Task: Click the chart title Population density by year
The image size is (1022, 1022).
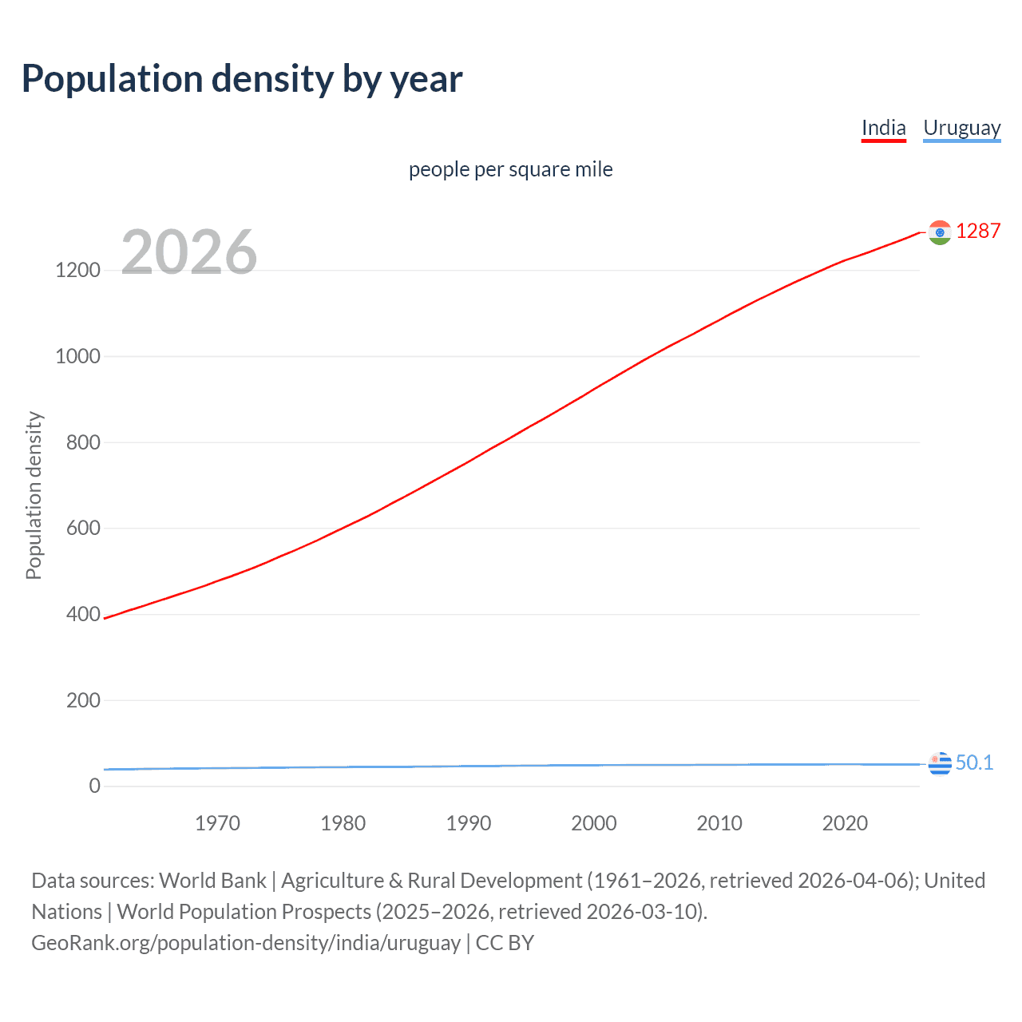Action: click(x=242, y=79)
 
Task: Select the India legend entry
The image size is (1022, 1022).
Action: click(x=883, y=128)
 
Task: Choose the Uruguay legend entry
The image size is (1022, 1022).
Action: click(x=961, y=128)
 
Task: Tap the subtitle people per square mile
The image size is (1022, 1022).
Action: click(x=510, y=169)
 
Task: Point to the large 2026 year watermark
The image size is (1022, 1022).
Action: click(x=189, y=252)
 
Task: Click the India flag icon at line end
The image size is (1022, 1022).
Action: click(x=940, y=232)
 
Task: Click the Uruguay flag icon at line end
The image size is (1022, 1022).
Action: click(x=940, y=763)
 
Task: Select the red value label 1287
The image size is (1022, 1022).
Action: click(x=978, y=231)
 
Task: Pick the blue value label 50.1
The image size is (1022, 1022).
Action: click(x=974, y=763)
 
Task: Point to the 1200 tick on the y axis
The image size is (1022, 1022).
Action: click(x=77, y=270)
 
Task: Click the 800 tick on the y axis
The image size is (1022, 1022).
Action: click(x=83, y=442)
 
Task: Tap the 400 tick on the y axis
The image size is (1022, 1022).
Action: click(x=83, y=614)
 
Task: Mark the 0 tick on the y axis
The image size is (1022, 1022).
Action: click(x=95, y=786)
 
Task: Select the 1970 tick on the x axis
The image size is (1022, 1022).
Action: click(x=217, y=823)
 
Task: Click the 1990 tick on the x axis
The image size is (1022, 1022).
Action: click(x=469, y=823)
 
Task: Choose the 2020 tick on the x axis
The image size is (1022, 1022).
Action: click(x=845, y=823)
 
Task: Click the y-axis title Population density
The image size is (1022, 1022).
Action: click(x=34, y=495)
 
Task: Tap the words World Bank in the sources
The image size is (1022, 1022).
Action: click(x=212, y=880)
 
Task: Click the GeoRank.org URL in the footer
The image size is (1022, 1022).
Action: click(x=246, y=942)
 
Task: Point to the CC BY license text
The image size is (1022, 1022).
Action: click(x=505, y=942)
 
